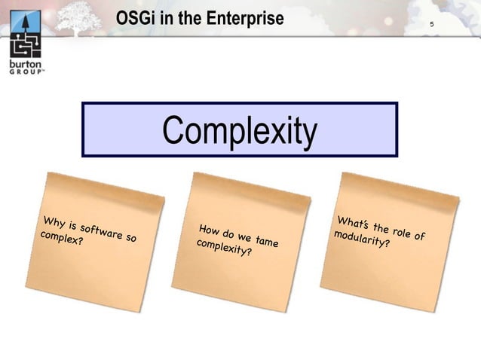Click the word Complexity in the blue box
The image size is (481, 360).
coord(240,130)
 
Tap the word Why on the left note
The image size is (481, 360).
coord(54,223)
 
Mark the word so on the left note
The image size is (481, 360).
coord(131,238)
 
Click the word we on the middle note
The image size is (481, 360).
coord(244,237)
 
